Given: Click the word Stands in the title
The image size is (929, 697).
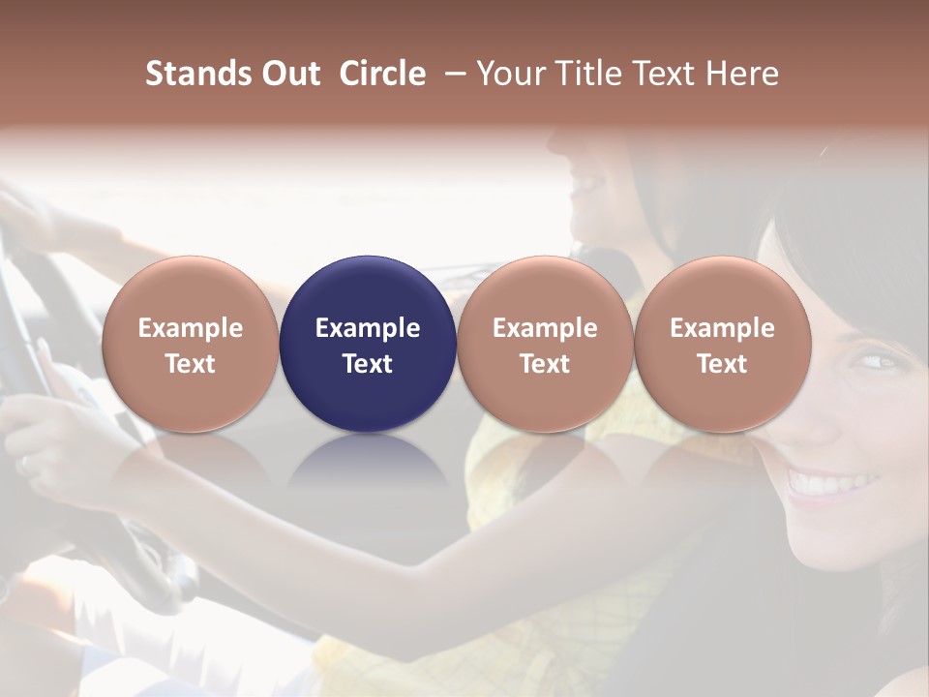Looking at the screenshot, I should (198, 74).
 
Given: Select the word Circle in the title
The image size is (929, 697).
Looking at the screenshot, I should (382, 74).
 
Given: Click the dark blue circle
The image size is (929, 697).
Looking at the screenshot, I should (368, 345).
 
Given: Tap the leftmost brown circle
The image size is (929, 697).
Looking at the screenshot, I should (191, 345).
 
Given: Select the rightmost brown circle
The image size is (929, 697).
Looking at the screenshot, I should (722, 345).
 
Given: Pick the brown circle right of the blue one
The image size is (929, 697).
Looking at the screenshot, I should (545, 345).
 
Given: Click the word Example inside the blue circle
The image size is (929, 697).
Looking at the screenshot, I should (368, 328).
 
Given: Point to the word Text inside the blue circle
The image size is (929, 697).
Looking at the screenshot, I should (368, 364).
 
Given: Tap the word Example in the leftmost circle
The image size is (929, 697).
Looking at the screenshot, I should (191, 328).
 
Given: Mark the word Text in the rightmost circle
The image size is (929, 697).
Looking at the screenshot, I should (722, 364).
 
